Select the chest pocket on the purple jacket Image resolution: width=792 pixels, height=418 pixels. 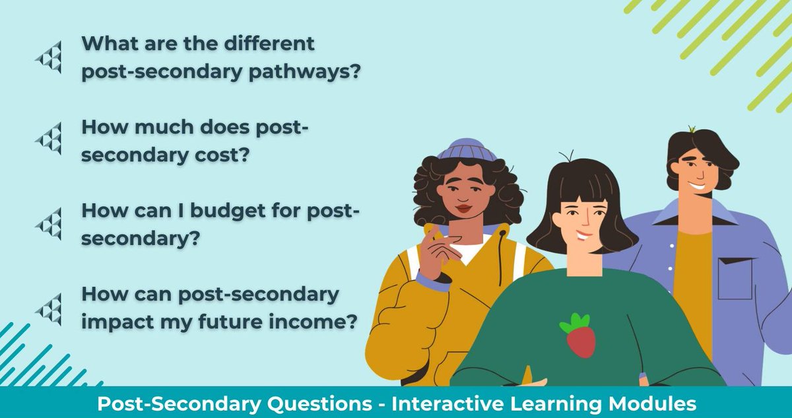coord(735,278)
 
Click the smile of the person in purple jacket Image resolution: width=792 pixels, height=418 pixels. coord(697,186)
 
